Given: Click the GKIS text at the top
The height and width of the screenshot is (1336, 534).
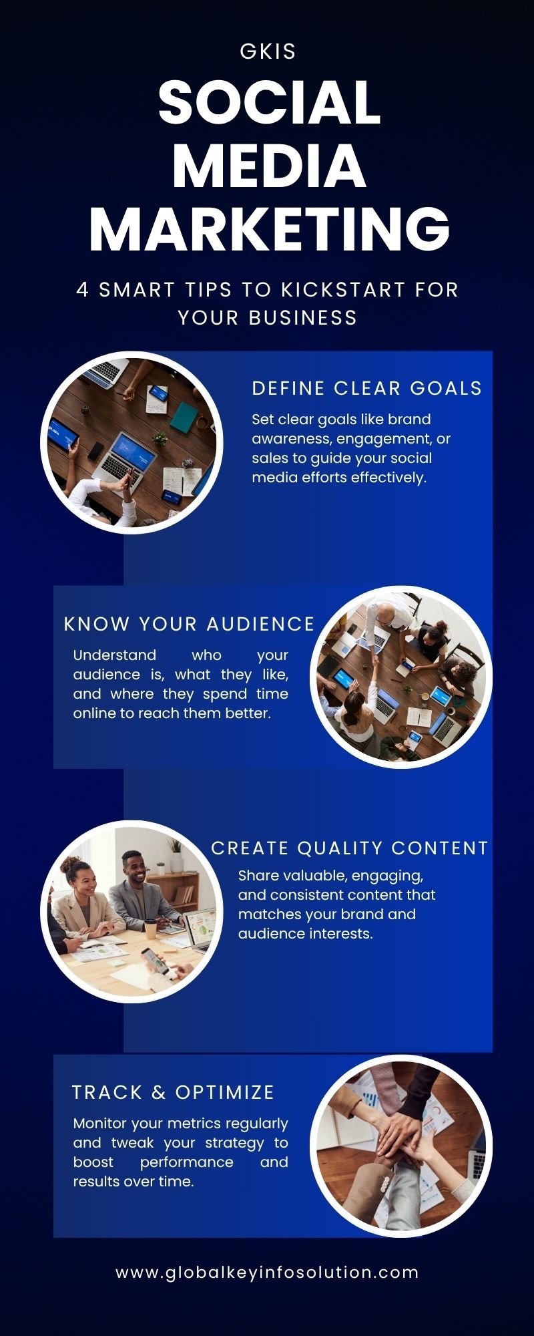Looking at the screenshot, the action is pyautogui.click(x=268, y=51).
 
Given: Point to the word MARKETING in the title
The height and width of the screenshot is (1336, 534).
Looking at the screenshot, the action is pyautogui.click(x=270, y=228).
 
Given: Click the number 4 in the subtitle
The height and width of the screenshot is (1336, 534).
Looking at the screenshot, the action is pyautogui.click(x=83, y=290).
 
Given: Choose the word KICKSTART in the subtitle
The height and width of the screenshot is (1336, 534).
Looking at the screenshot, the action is pyautogui.click(x=343, y=290).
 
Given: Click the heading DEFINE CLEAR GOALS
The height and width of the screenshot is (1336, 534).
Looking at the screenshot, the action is pyautogui.click(x=367, y=388).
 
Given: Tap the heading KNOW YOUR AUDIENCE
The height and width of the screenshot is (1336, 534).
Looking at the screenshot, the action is pyautogui.click(x=190, y=624).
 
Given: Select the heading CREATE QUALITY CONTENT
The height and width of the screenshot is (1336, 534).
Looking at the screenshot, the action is pyautogui.click(x=350, y=848).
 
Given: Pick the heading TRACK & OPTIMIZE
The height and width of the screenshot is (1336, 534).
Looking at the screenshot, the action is pyautogui.click(x=174, y=1092).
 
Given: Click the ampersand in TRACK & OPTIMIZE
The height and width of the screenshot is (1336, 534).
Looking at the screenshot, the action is pyautogui.click(x=159, y=1092).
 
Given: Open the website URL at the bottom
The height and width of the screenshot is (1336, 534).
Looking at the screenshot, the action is pyautogui.click(x=267, y=1273).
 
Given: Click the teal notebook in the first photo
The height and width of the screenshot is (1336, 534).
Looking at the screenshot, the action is pyautogui.click(x=183, y=417).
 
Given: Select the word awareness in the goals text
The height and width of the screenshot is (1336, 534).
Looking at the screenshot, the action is pyautogui.click(x=292, y=439).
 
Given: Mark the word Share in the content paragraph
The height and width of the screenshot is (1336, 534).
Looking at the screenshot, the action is pyautogui.click(x=258, y=876).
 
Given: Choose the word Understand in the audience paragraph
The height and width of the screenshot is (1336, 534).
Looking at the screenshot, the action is pyautogui.click(x=115, y=655).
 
